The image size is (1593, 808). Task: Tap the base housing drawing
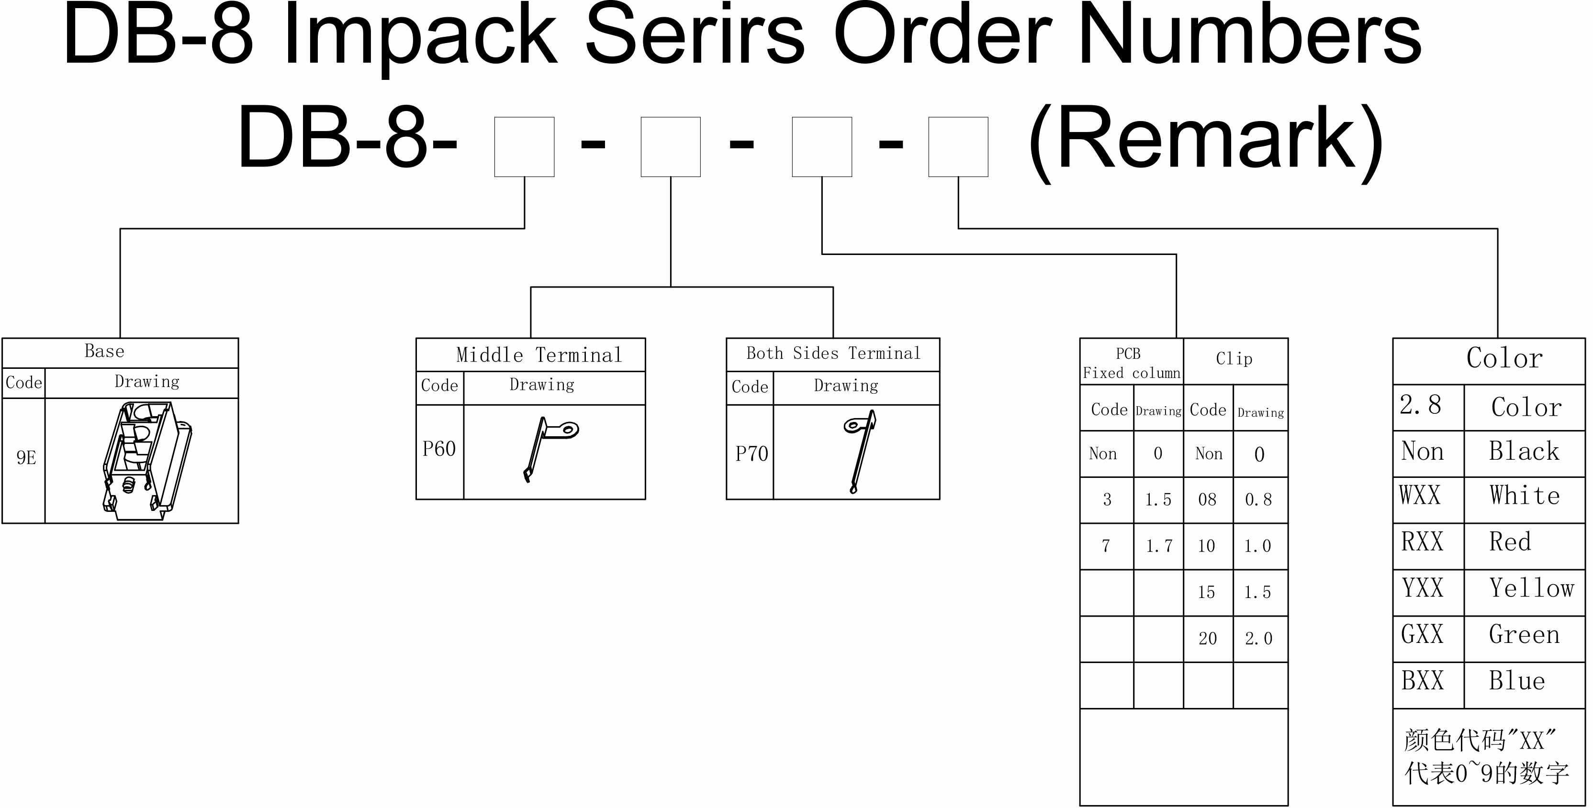[x=147, y=461]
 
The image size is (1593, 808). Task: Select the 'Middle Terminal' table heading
[x=538, y=355]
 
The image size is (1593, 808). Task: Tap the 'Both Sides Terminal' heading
[x=833, y=353]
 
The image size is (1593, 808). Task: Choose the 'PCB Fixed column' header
[x=1131, y=363]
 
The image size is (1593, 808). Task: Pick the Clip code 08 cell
[x=1207, y=499]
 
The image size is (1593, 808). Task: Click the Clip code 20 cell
[x=1207, y=639]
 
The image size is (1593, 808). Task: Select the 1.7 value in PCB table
[x=1159, y=546]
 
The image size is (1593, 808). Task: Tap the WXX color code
[x=1421, y=495]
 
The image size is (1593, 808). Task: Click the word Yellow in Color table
[x=1532, y=588]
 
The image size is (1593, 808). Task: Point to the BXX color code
[x=1422, y=681]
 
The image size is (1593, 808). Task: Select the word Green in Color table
[x=1525, y=634]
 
